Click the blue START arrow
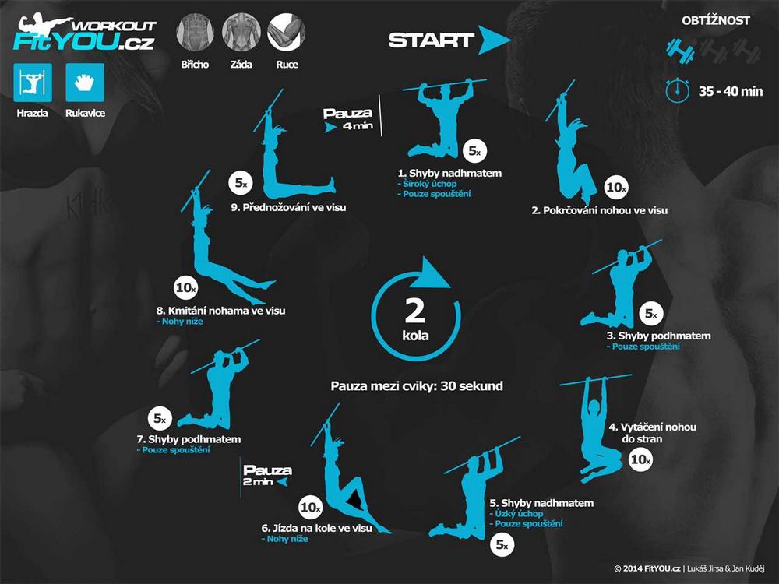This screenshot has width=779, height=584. point(492,40)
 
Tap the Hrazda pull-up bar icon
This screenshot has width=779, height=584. point(33,83)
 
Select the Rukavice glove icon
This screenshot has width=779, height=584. point(85,83)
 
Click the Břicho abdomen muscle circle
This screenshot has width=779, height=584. point(195,32)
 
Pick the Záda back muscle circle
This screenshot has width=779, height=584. point(241,32)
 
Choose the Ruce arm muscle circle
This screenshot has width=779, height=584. point(287,32)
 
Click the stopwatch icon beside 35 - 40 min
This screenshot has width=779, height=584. point(677,90)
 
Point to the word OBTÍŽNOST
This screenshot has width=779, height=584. point(716,21)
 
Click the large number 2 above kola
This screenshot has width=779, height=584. point(415,311)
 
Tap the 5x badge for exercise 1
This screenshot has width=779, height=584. point(475,151)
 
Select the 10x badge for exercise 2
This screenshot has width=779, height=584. point(616,187)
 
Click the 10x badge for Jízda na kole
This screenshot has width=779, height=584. point(311,507)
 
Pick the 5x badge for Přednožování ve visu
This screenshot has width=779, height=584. point(241,183)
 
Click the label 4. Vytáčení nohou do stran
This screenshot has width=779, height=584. point(652,432)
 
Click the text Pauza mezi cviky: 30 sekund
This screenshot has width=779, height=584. point(417,386)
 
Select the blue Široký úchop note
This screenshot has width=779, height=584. point(427,184)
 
